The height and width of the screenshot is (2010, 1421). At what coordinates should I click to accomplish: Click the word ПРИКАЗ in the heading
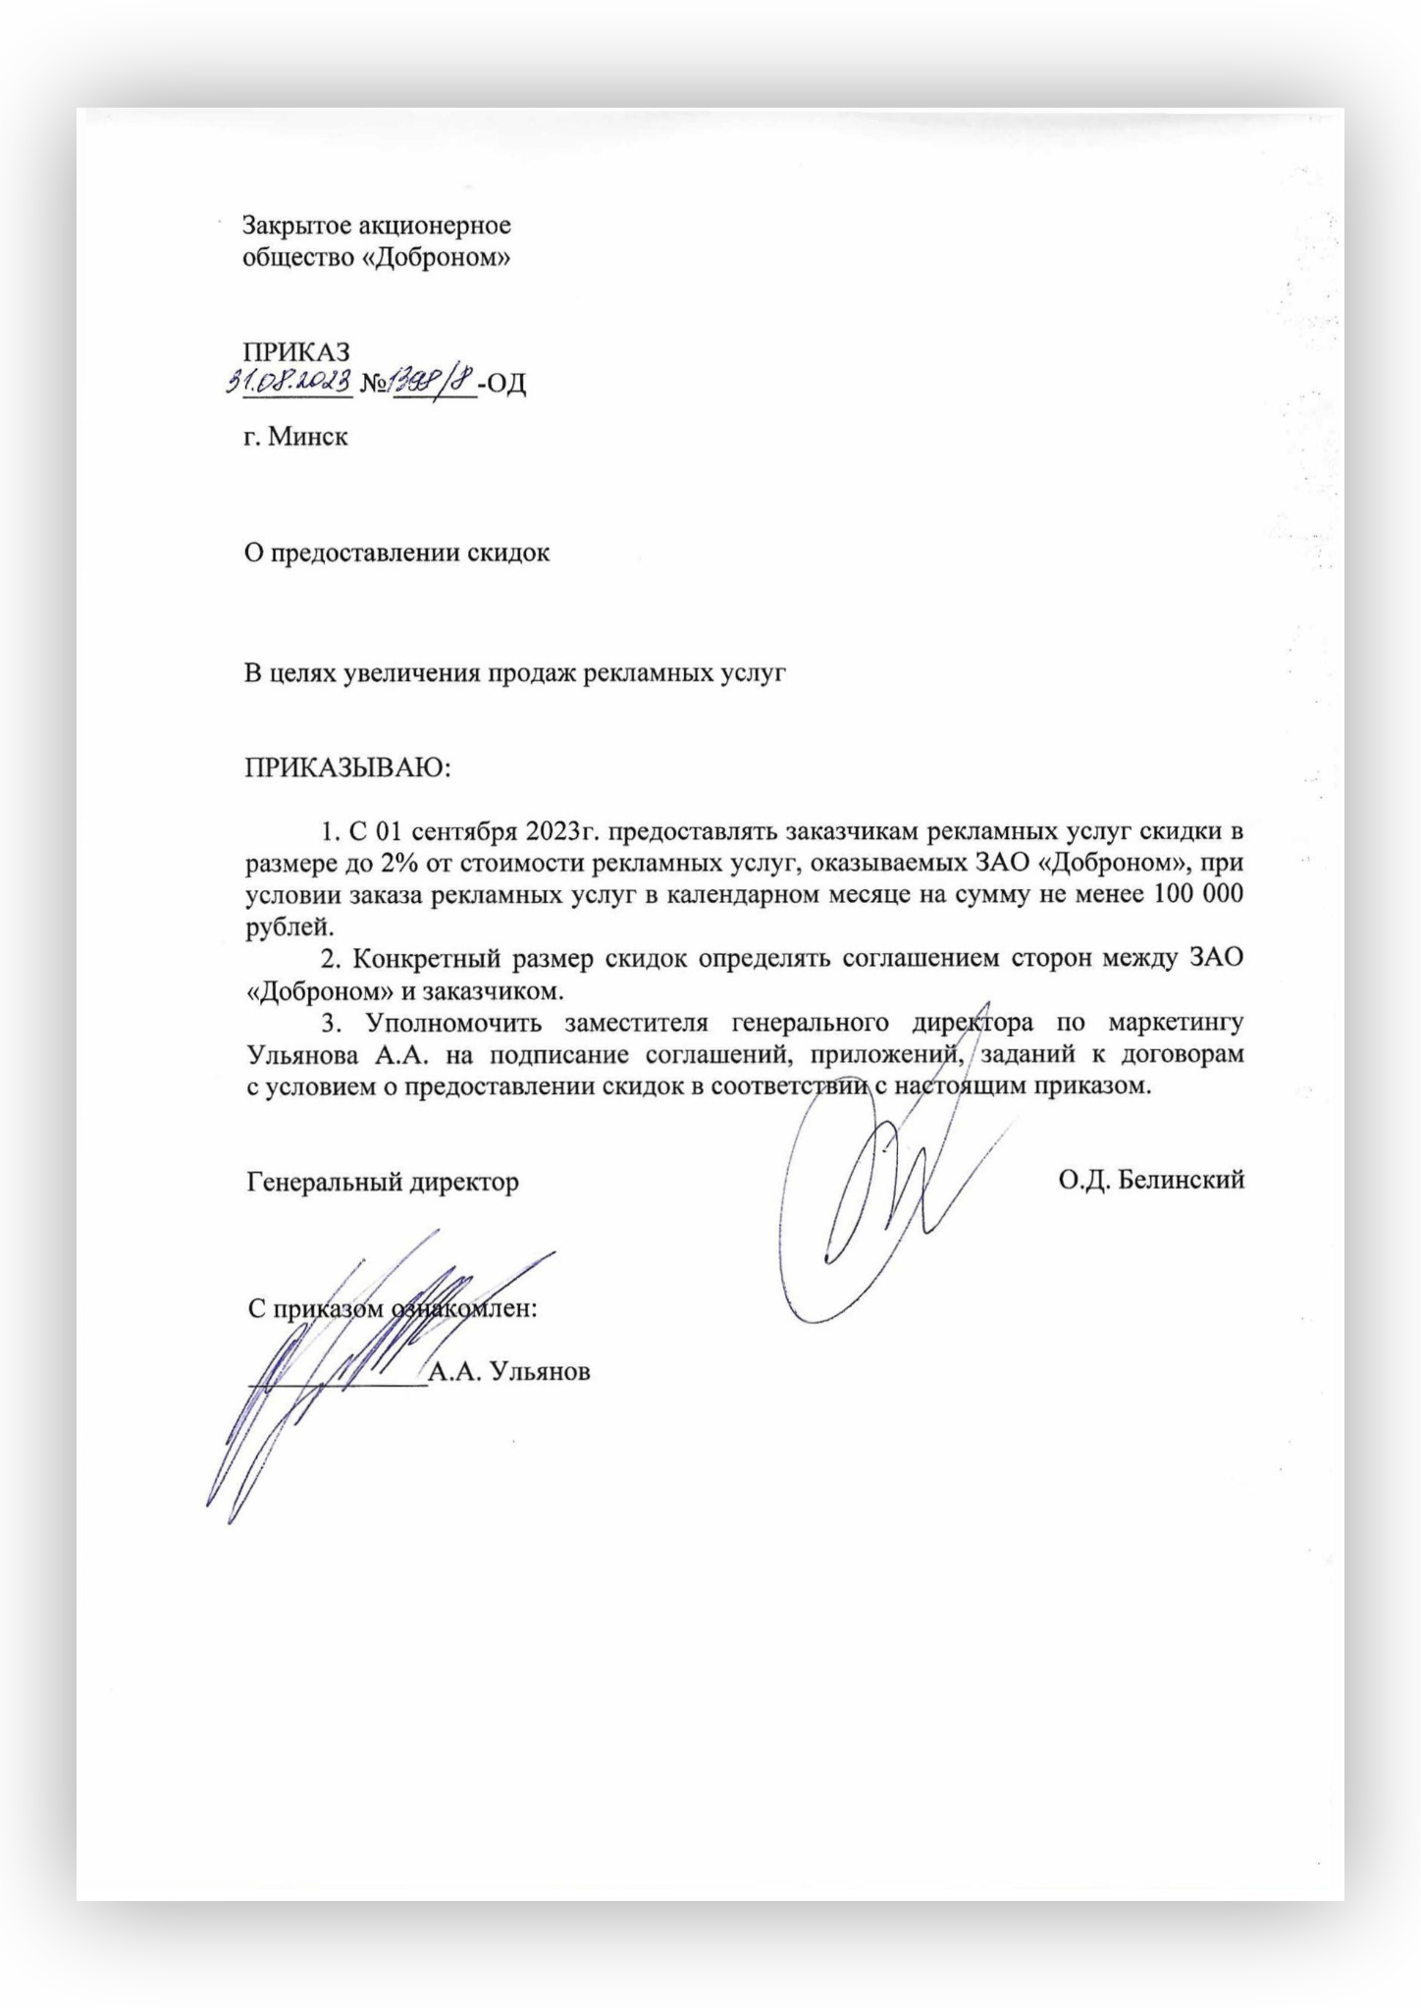[x=296, y=351]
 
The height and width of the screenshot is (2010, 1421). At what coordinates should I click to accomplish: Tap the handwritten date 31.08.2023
[x=289, y=381]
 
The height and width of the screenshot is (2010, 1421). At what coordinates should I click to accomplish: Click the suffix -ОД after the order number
[x=502, y=384]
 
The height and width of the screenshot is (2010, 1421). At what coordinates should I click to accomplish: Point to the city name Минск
[x=308, y=436]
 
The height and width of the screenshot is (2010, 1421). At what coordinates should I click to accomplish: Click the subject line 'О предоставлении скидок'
[x=396, y=553]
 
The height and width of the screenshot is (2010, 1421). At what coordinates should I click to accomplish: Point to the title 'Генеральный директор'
[x=383, y=1182]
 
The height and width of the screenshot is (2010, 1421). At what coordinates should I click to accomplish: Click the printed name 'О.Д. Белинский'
[x=1151, y=1180]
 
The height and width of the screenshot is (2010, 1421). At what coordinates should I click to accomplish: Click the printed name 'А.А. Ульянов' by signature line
[x=509, y=1372]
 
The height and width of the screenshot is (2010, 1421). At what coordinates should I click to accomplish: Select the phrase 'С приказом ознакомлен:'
[x=393, y=1309]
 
